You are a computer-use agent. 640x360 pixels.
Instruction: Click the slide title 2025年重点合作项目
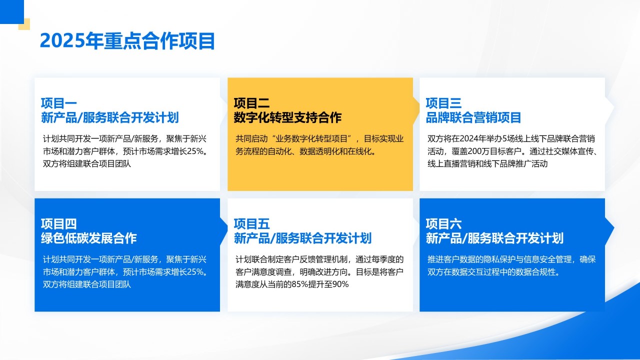pos(127,41)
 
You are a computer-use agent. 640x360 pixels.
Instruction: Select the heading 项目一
pos(59,103)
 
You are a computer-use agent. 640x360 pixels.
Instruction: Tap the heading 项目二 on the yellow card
pos(251,103)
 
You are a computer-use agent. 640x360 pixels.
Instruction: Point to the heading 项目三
pos(443,103)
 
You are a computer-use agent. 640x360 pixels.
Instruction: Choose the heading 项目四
pos(59,224)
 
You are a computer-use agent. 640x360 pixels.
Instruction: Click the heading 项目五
pos(251,224)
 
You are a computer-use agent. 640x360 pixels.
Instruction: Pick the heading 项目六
pos(443,224)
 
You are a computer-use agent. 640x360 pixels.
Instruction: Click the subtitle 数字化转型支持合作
pos(287,118)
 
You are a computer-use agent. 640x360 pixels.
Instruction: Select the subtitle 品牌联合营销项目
pos(473,118)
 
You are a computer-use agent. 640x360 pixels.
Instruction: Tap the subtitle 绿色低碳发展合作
pos(89,238)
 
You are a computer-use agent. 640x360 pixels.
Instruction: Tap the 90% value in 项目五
pos(340,284)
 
